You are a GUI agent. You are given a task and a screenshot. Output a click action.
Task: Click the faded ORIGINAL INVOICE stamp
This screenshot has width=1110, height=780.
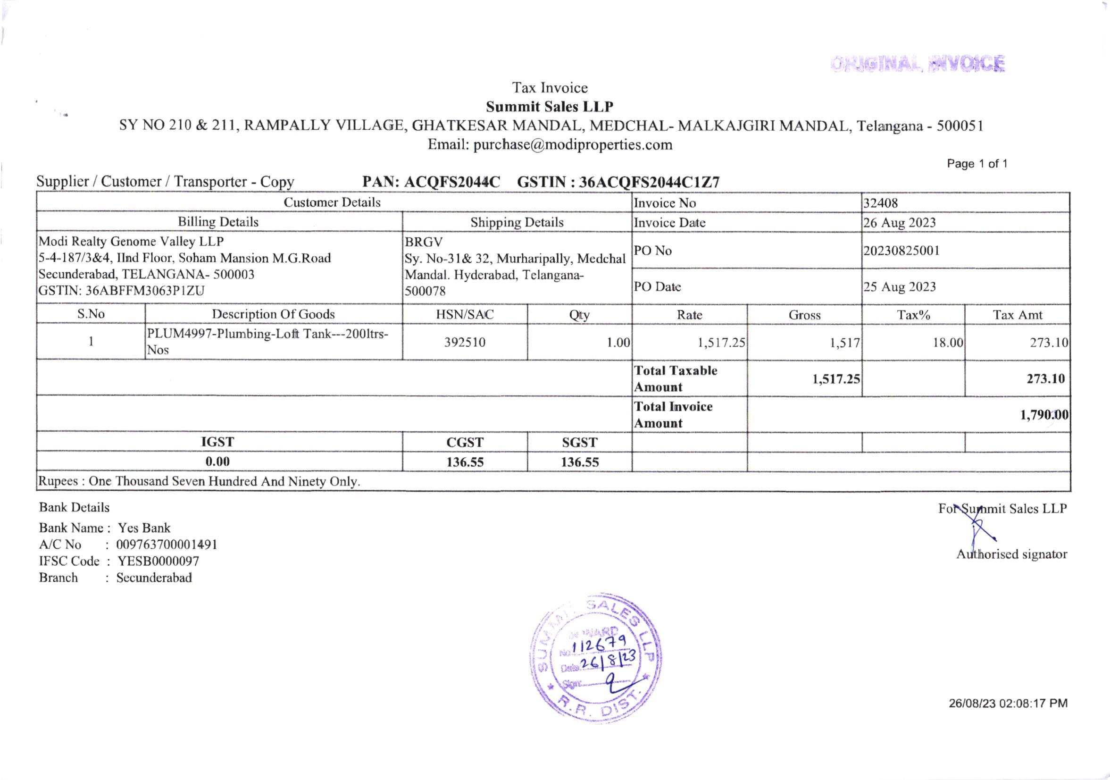pyautogui.click(x=918, y=64)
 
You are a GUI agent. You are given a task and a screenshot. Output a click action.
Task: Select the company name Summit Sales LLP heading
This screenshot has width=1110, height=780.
pyautogui.click(x=549, y=106)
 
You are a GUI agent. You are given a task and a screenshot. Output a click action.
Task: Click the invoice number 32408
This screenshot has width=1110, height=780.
pyautogui.click(x=880, y=203)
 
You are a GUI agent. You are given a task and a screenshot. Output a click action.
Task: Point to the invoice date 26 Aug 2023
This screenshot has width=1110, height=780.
pyautogui.click(x=899, y=222)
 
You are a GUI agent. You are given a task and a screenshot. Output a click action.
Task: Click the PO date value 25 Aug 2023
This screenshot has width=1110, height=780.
pyautogui.click(x=899, y=287)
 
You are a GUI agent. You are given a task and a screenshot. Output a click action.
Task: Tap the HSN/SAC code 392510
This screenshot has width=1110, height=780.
pyautogui.click(x=465, y=343)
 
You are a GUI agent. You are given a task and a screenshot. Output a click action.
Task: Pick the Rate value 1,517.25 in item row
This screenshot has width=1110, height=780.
pyautogui.click(x=721, y=343)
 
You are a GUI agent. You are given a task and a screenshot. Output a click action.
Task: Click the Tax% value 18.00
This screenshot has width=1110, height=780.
pyautogui.click(x=948, y=343)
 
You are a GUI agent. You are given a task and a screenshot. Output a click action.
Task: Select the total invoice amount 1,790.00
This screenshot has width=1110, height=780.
pyautogui.click(x=1044, y=415)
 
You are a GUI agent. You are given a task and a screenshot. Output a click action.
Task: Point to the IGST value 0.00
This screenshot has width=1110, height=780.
pyautogui.click(x=217, y=461)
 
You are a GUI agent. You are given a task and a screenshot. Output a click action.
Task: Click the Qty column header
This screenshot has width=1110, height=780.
pyautogui.click(x=579, y=315)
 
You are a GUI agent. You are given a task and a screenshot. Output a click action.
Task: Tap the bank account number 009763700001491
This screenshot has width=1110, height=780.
pyautogui.click(x=167, y=545)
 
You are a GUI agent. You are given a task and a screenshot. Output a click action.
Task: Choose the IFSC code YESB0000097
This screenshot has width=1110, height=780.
pyautogui.click(x=158, y=561)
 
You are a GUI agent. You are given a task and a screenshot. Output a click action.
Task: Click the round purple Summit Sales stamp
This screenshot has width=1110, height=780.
pyautogui.click(x=596, y=658)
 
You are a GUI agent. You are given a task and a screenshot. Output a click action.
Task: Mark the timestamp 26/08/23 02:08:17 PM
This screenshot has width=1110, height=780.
pyautogui.click(x=1008, y=703)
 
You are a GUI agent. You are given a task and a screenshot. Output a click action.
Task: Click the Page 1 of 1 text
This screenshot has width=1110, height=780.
pyautogui.click(x=977, y=164)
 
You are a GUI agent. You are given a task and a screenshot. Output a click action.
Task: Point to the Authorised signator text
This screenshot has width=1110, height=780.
pyautogui.click(x=1011, y=554)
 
